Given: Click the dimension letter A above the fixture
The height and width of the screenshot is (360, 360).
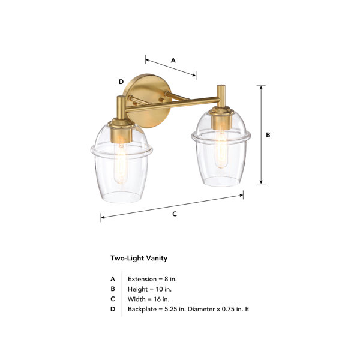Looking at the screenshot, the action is pyautogui.click(x=173, y=61).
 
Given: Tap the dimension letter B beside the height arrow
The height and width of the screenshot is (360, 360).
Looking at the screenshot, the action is pyautogui.click(x=268, y=135).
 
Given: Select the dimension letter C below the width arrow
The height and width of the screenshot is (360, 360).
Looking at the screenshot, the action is pyautogui.click(x=175, y=214).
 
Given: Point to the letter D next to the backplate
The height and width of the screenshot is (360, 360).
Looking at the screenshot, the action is pyautogui.click(x=121, y=82).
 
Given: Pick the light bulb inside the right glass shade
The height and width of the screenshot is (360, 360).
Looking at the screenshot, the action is pyautogui.click(x=221, y=149).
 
